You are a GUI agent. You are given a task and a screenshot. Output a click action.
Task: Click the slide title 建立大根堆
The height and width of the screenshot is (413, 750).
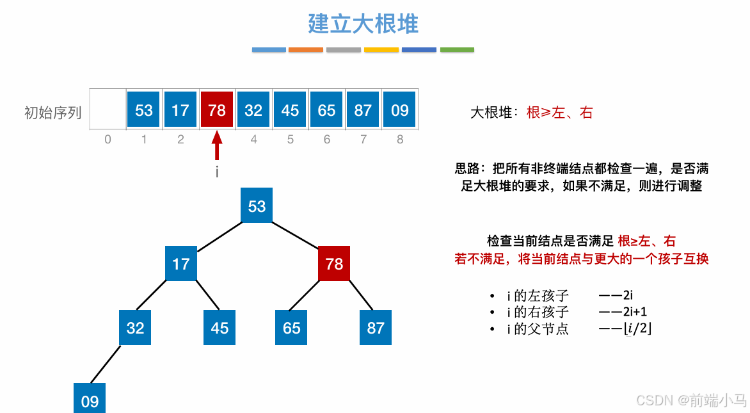click(363, 24)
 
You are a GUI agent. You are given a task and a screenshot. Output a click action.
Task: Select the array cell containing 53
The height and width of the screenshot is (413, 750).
click(144, 110)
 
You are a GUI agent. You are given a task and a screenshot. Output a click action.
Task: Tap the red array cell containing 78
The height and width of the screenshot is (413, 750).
click(217, 110)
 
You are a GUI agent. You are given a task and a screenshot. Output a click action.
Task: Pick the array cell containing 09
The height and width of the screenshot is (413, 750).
click(399, 110)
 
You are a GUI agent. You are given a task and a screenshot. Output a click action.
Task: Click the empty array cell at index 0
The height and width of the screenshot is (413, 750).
click(108, 110)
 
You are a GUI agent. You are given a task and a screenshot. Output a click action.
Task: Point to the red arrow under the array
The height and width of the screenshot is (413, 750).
click(217, 145)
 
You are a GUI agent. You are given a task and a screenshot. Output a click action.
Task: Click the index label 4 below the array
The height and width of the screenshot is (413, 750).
click(253, 139)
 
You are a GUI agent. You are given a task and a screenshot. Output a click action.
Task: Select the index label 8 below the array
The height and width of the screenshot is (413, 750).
click(400, 139)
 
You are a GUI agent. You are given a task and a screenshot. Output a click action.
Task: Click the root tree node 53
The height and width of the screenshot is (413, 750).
click(257, 206)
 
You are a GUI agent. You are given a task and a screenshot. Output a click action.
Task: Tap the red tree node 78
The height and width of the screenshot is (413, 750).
click(334, 263)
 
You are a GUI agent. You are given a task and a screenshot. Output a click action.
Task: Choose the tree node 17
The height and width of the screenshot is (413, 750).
click(181, 263)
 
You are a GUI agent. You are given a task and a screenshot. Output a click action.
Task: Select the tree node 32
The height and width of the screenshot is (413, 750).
click(135, 328)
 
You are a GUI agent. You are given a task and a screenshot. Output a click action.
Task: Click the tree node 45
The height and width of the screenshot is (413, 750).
click(219, 328)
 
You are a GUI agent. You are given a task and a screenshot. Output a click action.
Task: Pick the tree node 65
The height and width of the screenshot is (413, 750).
click(291, 328)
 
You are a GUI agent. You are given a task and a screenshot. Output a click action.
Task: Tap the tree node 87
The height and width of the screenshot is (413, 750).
click(376, 328)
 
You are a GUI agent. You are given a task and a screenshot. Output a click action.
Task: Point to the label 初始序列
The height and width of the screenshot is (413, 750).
click(52, 113)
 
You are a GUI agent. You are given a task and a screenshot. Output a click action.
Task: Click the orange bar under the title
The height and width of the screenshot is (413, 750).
click(306, 49)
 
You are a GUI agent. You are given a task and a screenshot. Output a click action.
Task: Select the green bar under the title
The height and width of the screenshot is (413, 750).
click(457, 49)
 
